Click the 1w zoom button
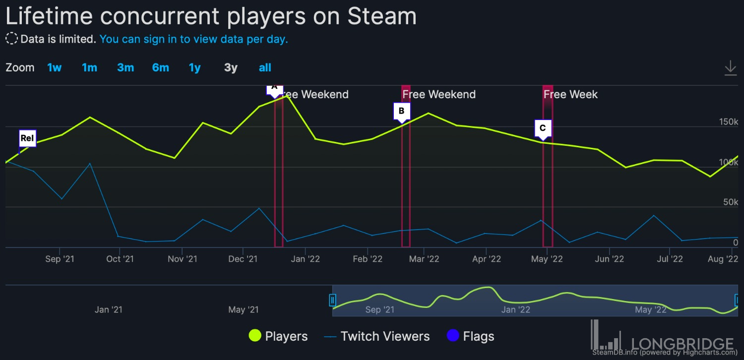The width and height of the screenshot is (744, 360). [55, 68]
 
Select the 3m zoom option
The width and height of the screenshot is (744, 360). [125, 68]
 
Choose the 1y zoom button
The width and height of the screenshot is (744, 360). [195, 68]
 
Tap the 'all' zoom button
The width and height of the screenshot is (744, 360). [265, 68]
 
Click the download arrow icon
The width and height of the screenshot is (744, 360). [730, 68]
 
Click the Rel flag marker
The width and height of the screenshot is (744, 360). [27, 138]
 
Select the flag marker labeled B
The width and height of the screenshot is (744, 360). [402, 111]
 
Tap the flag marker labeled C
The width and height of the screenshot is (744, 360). [543, 128]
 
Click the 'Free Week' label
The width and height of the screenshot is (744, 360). [570, 94]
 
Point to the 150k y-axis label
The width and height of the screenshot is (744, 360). [728, 122]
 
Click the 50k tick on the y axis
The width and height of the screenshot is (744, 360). [730, 202]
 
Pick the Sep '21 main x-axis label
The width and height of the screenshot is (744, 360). [60, 259]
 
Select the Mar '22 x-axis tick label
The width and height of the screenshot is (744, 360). [424, 259]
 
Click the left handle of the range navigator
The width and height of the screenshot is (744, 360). [333, 300]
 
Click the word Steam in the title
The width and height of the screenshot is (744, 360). [381, 16]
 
